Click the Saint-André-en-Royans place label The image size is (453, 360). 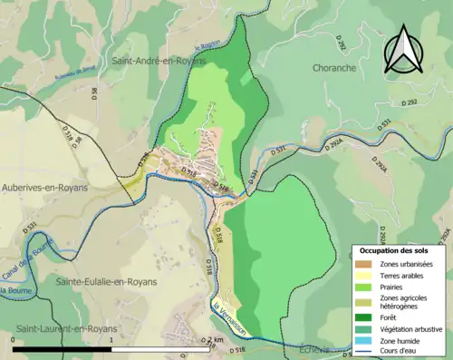point(159,61)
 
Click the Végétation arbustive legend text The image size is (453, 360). point(413,328)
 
